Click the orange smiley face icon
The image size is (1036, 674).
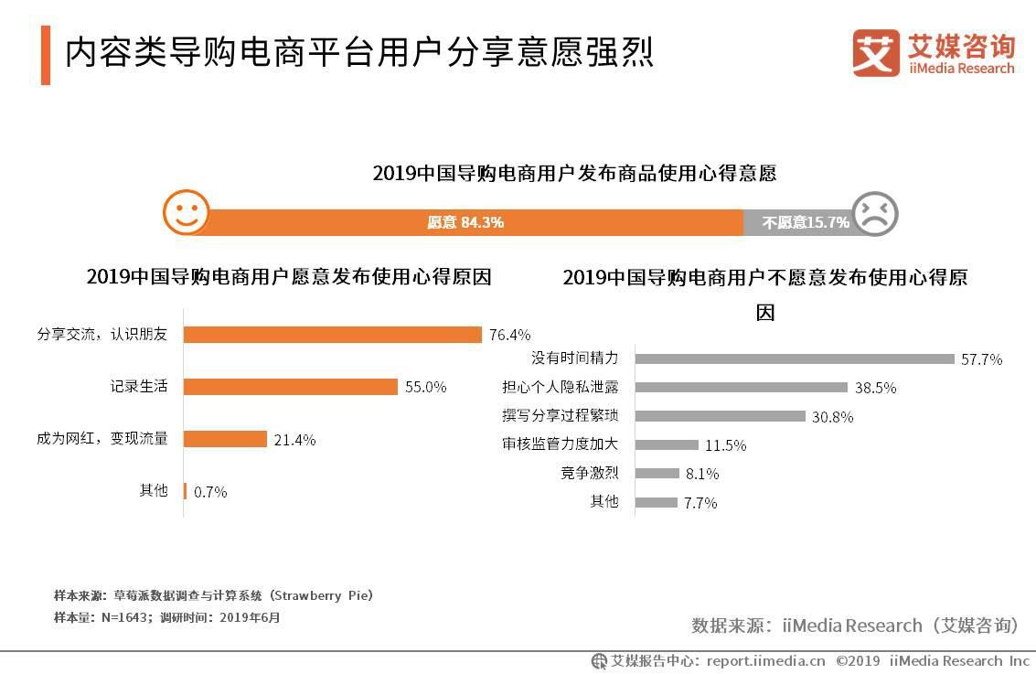[x=186, y=214]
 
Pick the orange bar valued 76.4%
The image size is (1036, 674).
[x=332, y=335]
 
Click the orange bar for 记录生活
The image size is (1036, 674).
[x=290, y=387]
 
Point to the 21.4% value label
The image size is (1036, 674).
[x=294, y=440]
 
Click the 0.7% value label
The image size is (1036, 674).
[x=210, y=492]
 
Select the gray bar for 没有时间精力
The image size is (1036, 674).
[x=794, y=358]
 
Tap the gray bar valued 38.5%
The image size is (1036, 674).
[x=741, y=388]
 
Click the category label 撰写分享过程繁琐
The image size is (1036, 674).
[x=560, y=416]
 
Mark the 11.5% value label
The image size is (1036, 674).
[x=725, y=445]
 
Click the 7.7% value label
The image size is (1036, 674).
[x=700, y=503]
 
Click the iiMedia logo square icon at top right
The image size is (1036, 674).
[x=876, y=53]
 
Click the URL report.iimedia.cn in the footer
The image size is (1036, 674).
[x=765, y=660]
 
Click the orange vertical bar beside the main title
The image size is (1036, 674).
[x=46, y=55]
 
